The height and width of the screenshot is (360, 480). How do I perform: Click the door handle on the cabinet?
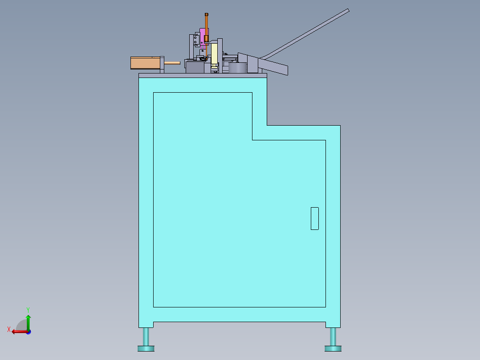tap(314, 218)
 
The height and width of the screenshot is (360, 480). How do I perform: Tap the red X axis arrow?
tap(18, 331)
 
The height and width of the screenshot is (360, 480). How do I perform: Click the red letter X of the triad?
tap(8, 330)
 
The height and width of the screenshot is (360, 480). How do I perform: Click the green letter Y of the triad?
tap(28, 309)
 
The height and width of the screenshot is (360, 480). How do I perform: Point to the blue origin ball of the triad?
tap(28, 332)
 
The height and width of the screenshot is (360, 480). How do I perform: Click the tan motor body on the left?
tap(144, 63)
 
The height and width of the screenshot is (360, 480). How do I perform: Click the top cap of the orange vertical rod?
tap(206, 14)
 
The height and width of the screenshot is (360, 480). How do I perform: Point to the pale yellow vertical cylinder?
tap(214, 53)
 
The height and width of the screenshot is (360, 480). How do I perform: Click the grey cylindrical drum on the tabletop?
tap(237, 68)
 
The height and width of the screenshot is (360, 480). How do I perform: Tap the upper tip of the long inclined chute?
tap(347, 11)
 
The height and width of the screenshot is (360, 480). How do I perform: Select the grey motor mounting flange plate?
tap(162, 64)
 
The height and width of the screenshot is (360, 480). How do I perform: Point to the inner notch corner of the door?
tap(252, 140)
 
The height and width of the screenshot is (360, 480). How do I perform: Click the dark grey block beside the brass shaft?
tap(195, 67)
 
